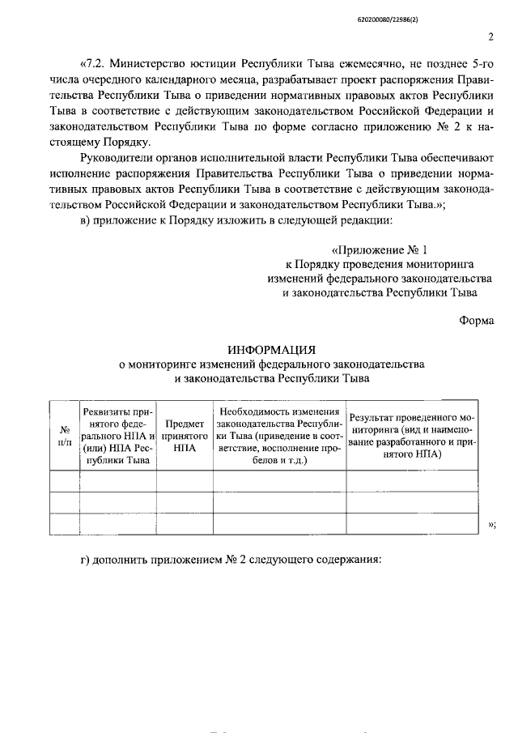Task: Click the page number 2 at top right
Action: (491, 36)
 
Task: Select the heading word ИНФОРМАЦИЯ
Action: (271, 350)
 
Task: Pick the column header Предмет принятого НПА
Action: (185, 437)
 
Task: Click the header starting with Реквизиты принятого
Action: (118, 436)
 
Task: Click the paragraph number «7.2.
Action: (91, 62)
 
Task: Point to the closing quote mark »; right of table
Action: (492, 526)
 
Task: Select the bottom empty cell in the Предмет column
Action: (185, 524)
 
